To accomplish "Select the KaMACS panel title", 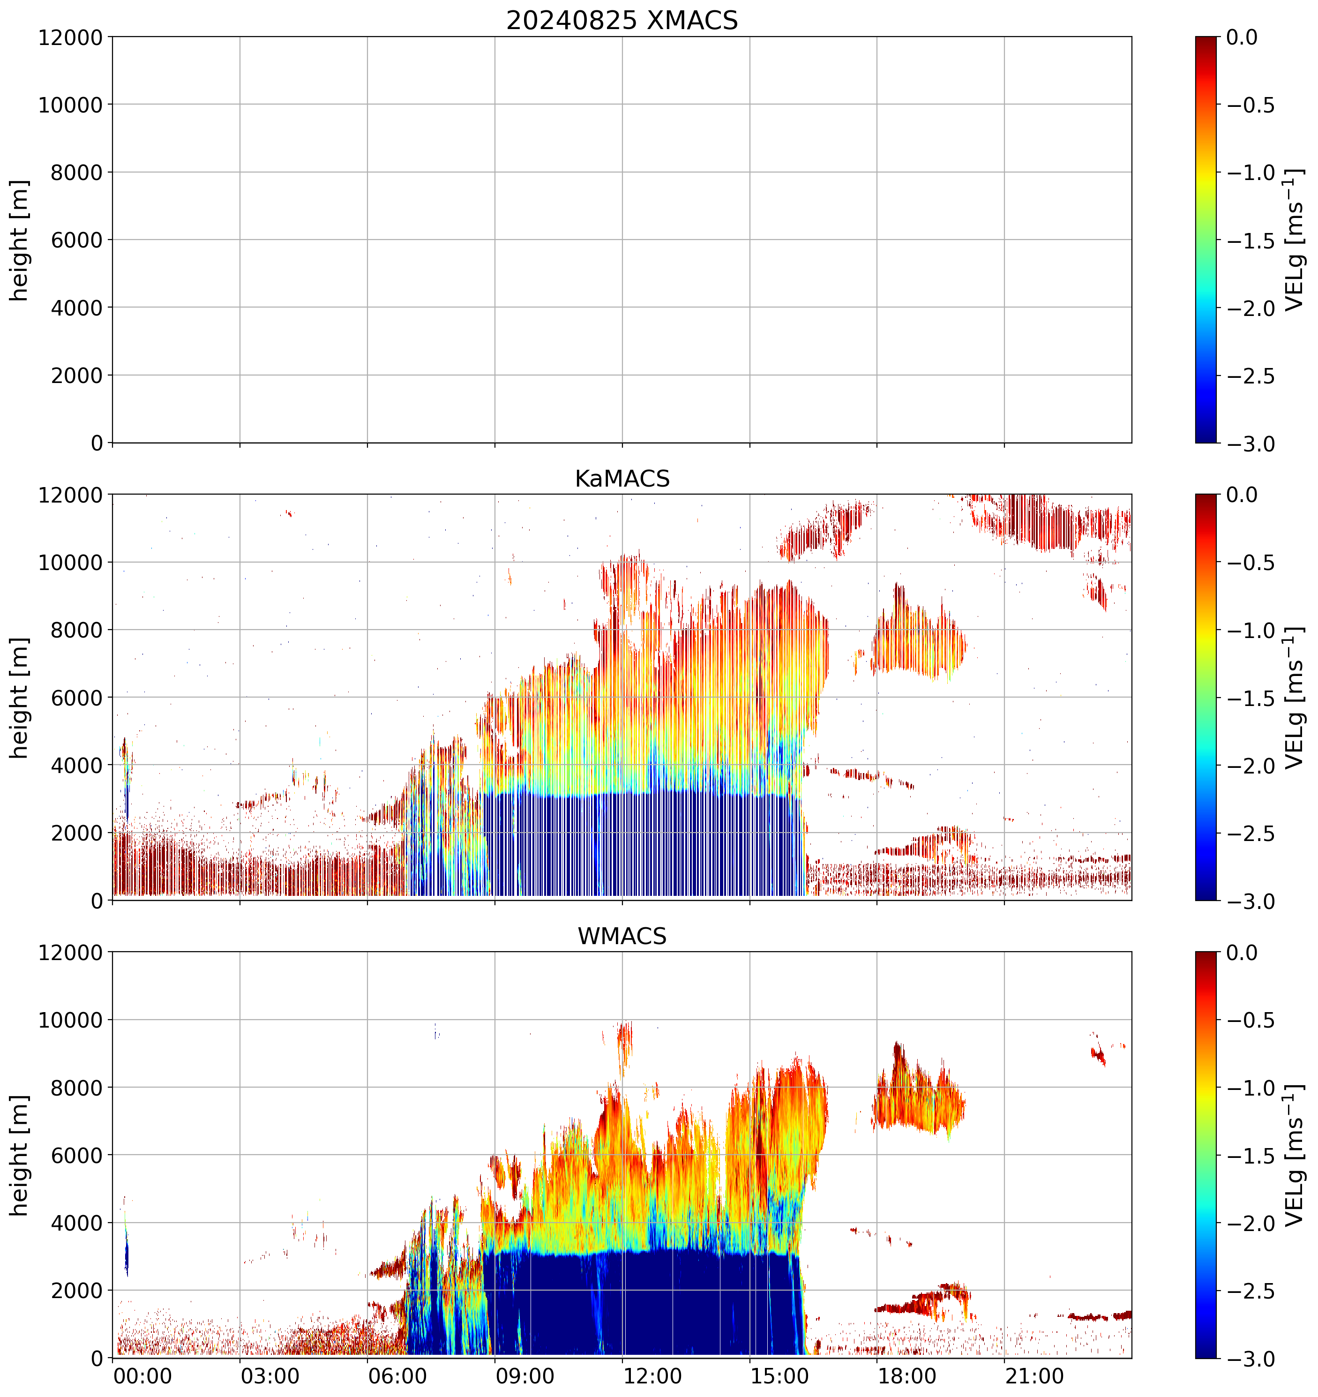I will point(622,479).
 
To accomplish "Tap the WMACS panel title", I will point(622,936).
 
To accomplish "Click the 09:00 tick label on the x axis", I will point(525,1376).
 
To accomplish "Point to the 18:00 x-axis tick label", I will point(907,1376).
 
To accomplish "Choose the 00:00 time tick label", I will point(142,1376).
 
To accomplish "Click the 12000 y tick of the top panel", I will point(70,37).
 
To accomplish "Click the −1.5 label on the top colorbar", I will point(1251,240).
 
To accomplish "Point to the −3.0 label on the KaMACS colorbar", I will point(1251,901).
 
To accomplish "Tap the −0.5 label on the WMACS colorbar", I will point(1251,1021).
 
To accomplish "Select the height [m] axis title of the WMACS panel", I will point(20,1155).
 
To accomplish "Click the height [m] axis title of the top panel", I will point(20,240).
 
